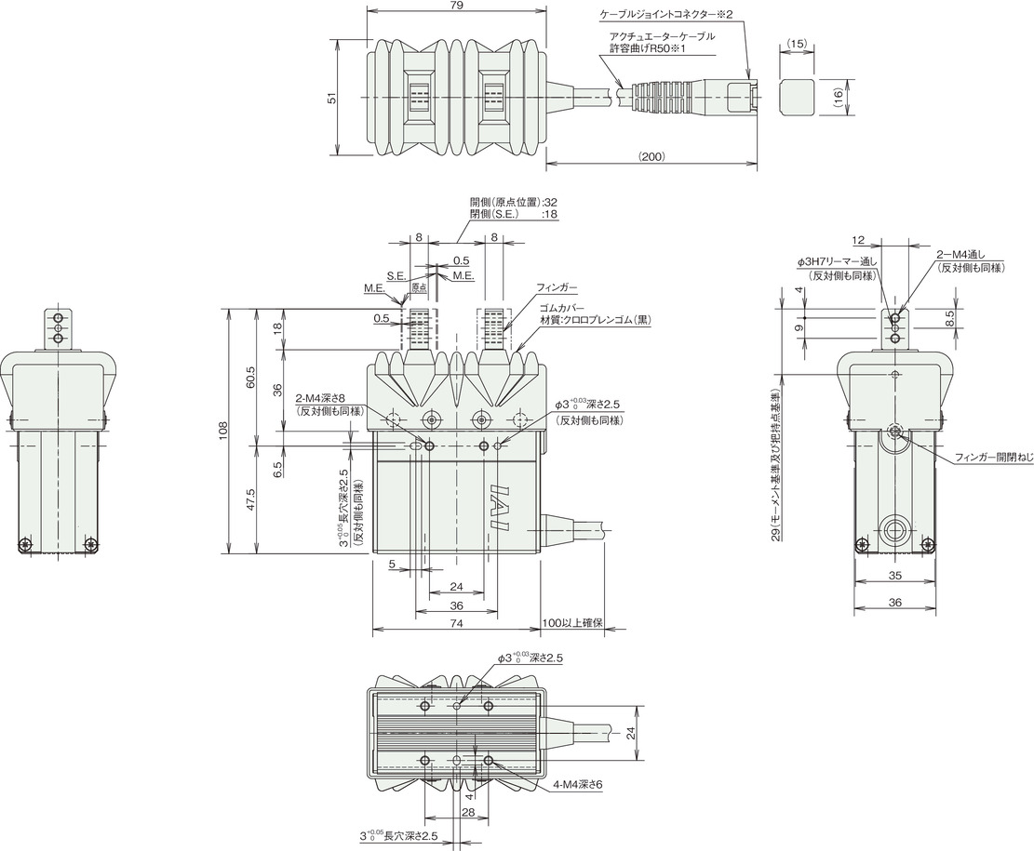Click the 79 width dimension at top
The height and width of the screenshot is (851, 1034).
pyautogui.click(x=456, y=6)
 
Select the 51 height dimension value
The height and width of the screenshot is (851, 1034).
pyautogui.click(x=333, y=97)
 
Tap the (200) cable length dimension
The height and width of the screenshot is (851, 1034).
pyautogui.click(x=651, y=157)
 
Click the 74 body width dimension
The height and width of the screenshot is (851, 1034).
pyautogui.click(x=456, y=623)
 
